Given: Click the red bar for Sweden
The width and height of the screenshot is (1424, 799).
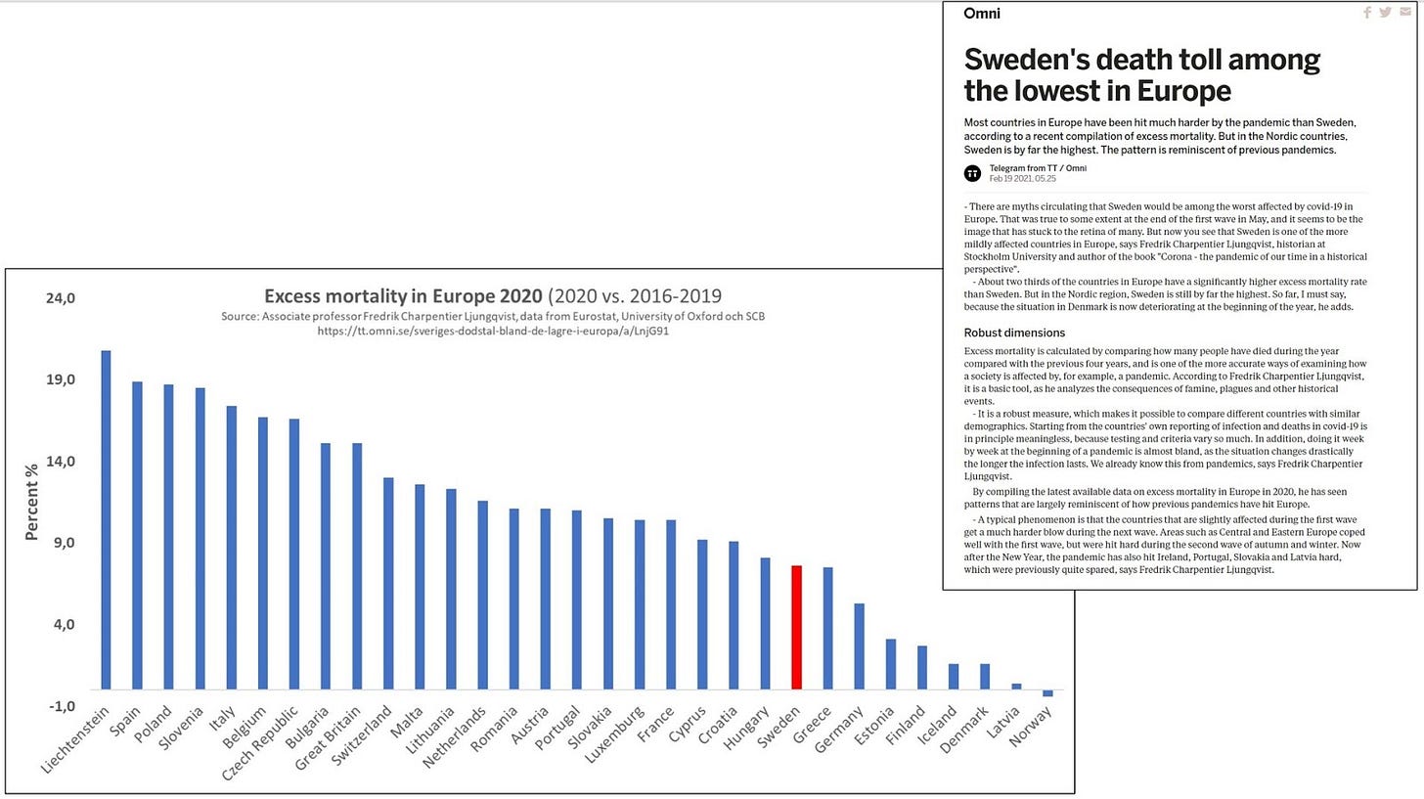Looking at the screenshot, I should (x=797, y=627).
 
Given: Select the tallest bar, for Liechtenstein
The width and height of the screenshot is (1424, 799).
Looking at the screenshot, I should (x=106, y=519).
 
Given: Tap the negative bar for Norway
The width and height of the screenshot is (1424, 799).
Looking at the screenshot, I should (x=1047, y=693).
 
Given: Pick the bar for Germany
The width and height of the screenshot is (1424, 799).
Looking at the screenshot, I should (x=859, y=646).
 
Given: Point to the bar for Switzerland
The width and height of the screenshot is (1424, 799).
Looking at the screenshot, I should (x=388, y=583).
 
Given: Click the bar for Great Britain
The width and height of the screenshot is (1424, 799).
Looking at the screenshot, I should (x=357, y=566).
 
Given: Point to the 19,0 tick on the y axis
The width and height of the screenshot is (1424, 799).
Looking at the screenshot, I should (x=61, y=379).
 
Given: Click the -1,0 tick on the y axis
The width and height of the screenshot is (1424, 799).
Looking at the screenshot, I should (x=61, y=706).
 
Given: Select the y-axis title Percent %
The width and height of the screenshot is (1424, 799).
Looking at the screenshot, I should (x=32, y=502).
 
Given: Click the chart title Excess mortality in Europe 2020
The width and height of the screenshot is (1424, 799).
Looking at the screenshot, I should (x=403, y=296).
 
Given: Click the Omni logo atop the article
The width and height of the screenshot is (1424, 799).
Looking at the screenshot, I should (x=982, y=14).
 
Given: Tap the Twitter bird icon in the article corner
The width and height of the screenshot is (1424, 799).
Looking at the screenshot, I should (x=1385, y=13).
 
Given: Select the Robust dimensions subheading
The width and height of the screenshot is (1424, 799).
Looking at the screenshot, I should (x=1014, y=333).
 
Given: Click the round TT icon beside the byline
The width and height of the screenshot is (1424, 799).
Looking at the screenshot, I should (x=972, y=173).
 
